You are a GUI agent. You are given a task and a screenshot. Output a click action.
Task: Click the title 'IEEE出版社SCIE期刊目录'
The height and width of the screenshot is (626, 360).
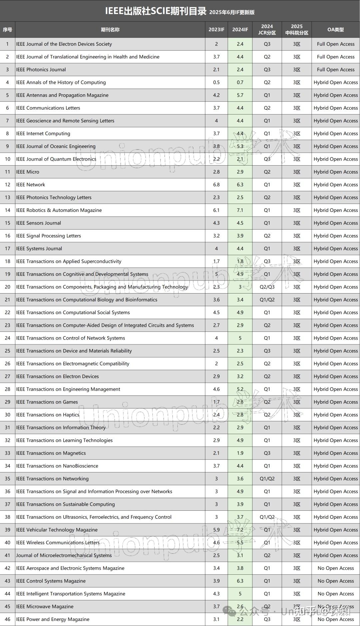click(156, 11)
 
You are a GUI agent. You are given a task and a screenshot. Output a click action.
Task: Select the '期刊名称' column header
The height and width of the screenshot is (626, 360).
click(110, 30)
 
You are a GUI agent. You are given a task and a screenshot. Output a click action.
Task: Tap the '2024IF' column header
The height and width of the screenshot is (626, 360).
click(240, 30)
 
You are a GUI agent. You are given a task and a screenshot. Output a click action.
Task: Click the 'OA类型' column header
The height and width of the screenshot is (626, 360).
click(335, 30)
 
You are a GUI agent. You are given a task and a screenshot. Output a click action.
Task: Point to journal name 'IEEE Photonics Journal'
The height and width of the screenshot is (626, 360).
click(41, 70)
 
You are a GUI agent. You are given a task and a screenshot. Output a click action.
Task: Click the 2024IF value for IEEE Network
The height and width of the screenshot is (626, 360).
click(240, 185)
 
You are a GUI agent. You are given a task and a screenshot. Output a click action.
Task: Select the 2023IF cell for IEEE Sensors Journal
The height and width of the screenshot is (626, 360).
click(216, 223)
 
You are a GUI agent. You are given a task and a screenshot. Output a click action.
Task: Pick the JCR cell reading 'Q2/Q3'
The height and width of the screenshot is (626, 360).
click(267, 287)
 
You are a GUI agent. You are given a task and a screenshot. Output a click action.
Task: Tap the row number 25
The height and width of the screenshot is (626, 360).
click(7, 351)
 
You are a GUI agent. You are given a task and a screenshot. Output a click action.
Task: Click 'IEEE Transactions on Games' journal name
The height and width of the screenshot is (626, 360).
click(47, 402)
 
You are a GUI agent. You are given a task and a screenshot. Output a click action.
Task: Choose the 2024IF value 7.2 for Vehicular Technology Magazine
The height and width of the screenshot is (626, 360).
click(240, 530)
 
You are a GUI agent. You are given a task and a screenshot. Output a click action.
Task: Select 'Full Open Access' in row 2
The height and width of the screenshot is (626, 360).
click(336, 57)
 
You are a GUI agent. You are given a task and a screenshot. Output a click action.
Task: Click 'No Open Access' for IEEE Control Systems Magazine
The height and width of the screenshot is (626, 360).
click(336, 581)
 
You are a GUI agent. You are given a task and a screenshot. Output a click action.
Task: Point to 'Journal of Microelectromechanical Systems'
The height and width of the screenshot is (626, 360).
click(64, 555)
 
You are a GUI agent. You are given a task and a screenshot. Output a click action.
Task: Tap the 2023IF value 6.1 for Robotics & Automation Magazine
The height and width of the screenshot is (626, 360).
click(216, 210)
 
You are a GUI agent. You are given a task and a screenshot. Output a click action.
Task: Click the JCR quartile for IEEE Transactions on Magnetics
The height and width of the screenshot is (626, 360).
click(267, 453)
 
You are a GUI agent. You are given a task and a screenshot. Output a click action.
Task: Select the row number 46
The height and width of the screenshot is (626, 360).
click(7, 619)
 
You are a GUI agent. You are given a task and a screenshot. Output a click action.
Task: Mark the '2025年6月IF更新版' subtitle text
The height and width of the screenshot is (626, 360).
click(232, 12)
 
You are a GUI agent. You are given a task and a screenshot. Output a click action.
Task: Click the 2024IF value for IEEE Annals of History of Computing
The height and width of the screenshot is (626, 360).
click(240, 82)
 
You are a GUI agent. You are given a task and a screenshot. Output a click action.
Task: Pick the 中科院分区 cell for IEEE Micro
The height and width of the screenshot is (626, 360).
click(297, 172)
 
